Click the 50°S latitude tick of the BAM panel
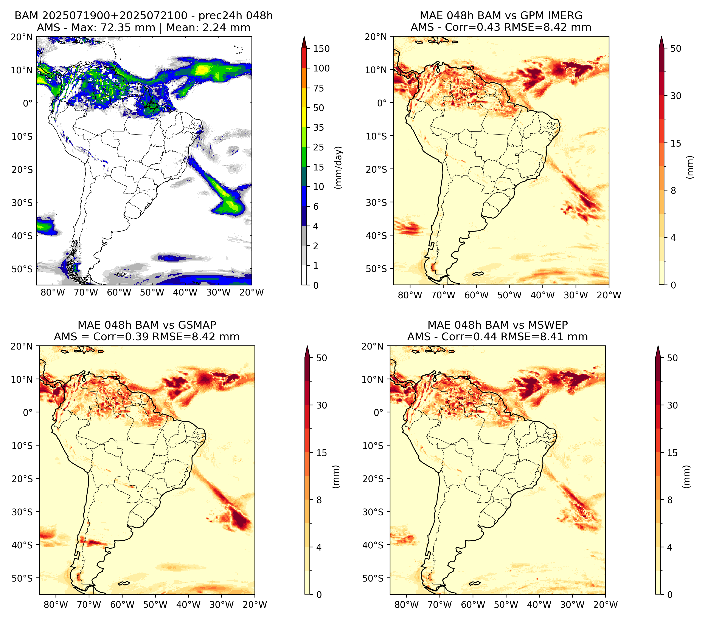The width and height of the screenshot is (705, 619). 22,269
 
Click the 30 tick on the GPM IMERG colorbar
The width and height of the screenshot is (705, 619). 676,96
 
